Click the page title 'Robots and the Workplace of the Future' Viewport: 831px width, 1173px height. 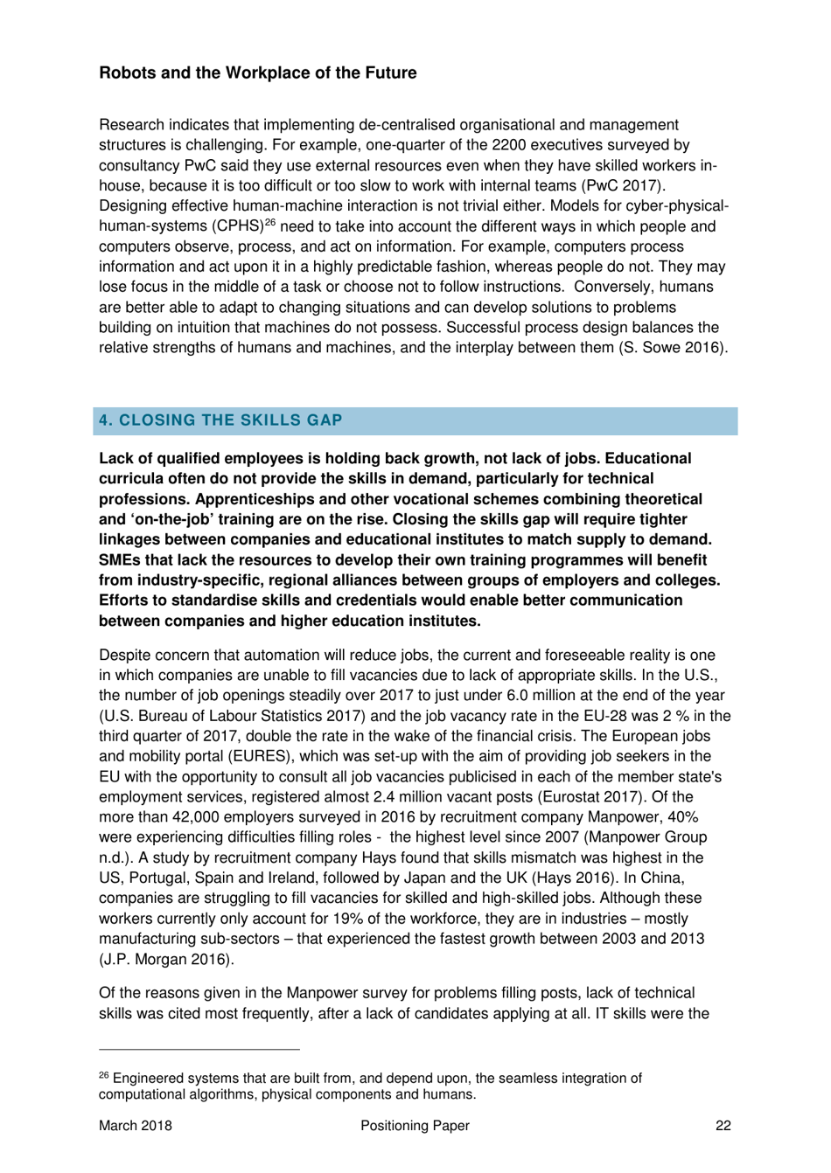point(257,73)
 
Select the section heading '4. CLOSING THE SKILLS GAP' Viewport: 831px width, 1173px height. point(220,420)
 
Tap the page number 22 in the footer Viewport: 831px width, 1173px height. point(723,1126)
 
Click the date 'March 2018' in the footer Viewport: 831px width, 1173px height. point(135,1126)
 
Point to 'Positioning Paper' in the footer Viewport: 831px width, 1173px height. point(415,1126)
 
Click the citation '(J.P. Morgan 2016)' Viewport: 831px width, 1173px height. point(166,959)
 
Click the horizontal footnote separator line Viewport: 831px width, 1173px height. point(199,1049)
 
